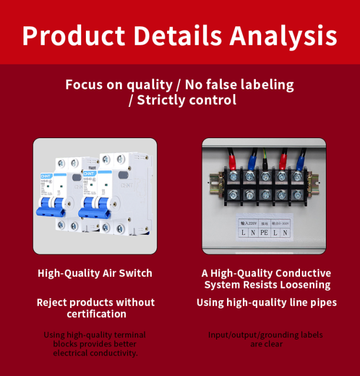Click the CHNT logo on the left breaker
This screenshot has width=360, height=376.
pyautogui.click(x=46, y=174)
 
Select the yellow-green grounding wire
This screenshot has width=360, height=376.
pyautogui.click(x=266, y=157)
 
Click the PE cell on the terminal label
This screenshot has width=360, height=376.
pyautogui.click(x=264, y=232)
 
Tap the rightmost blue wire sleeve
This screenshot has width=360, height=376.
pyautogui.click(x=301, y=159)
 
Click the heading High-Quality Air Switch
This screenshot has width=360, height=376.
pyautogui.click(x=95, y=273)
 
